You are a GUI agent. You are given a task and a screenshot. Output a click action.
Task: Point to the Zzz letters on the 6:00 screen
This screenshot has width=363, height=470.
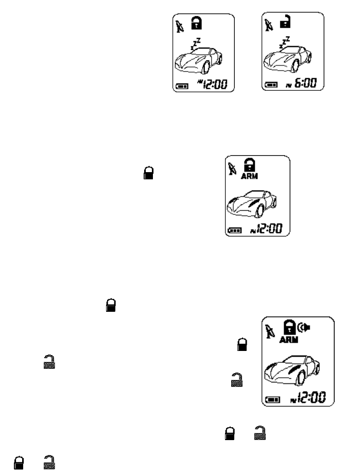click(x=285, y=43)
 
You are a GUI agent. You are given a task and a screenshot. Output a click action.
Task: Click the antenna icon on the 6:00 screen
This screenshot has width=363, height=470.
click(x=268, y=24)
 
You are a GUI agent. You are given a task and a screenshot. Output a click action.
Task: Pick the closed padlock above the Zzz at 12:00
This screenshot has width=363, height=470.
click(x=196, y=23)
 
